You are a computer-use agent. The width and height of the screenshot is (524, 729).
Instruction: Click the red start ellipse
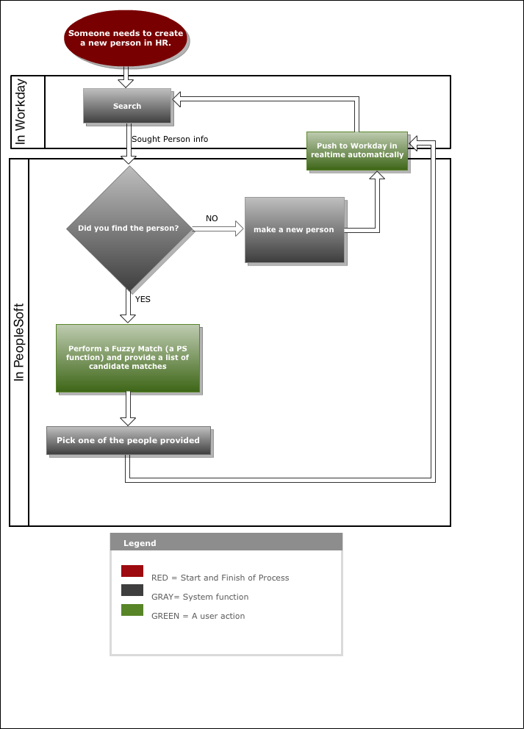click(126, 38)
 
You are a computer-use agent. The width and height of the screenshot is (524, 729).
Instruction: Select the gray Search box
click(127, 106)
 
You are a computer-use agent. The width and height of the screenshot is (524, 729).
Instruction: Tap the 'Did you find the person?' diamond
click(129, 229)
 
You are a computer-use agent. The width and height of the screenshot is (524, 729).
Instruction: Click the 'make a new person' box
click(295, 230)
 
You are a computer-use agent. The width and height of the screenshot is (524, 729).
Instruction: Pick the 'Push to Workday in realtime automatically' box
click(357, 151)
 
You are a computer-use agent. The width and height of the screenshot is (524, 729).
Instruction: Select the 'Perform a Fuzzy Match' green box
click(128, 358)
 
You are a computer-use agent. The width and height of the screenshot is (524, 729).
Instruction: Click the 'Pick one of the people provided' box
click(129, 440)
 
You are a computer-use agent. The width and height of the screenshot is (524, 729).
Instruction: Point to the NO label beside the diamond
click(212, 218)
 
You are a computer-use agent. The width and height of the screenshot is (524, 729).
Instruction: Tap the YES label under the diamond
click(143, 299)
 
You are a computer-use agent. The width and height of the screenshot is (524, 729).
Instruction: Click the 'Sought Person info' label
click(170, 139)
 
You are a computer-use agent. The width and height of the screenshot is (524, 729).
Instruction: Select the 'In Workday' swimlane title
click(21, 112)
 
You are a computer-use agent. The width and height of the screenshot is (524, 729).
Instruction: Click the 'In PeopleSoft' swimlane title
click(18, 342)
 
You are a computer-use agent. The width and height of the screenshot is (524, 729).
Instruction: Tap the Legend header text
click(140, 543)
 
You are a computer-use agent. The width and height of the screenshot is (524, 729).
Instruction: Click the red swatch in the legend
click(132, 571)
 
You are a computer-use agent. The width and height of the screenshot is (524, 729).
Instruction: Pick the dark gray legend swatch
click(132, 590)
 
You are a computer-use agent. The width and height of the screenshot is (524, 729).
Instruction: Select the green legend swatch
click(132, 610)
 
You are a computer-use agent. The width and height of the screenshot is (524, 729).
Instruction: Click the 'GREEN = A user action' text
click(198, 616)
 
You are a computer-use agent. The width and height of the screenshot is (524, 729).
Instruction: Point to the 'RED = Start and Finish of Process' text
click(220, 578)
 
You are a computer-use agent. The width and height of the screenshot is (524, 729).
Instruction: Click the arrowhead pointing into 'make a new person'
click(239, 229)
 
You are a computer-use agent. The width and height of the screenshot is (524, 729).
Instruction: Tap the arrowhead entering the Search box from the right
click(176, 98)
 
